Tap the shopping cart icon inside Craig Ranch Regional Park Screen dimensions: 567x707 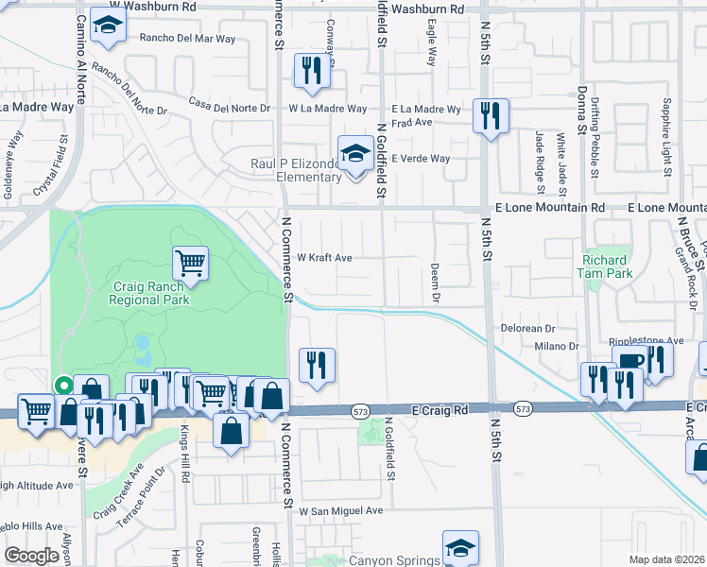(190, 264)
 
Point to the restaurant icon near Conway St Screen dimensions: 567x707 (311, 70)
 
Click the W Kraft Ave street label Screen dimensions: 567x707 (324, 257)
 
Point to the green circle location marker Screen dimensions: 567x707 (63, 385)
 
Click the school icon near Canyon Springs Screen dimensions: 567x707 (460, 547)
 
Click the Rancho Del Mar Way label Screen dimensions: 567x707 (187, 39)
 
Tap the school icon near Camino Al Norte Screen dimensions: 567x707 (110, 28)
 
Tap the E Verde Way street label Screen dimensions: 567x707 (421, 158)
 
